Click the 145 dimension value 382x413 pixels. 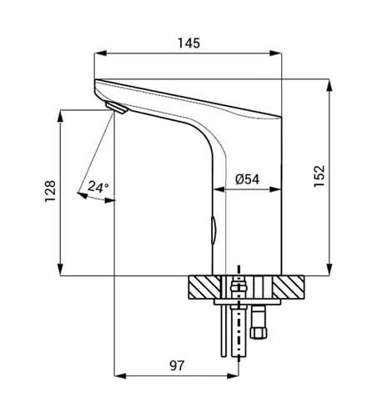pyautogui.click(x=188, y=43)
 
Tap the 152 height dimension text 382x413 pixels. pyautogui.click(x=319, y=176)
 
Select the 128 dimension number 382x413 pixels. pyautogui.click(x=50, y=191)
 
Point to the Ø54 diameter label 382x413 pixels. pyautogui.click(x=247, y=179)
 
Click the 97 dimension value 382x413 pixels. pyautogui.click(x=177, y=365)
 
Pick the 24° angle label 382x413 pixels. pyautogui.click(x=98, y=187)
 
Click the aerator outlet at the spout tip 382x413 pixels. pyautogui.click(x=116, y=108)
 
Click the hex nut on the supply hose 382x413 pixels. pyautogui.click(x=259, y=333)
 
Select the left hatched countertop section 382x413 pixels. pyautogui.click(x=204, y=287)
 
